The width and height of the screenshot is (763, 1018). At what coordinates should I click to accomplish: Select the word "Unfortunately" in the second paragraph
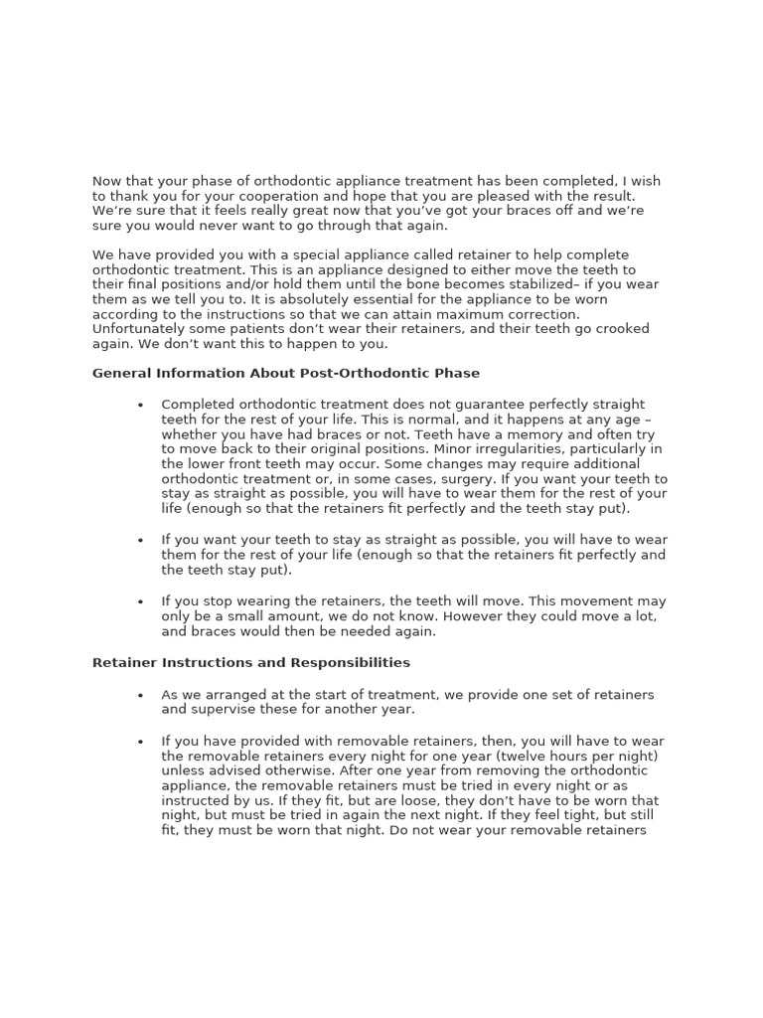(138, 329)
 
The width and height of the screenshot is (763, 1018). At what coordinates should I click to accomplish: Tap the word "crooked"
(622, 329)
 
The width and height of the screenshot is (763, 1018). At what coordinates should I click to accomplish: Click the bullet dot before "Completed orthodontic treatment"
(141, 406)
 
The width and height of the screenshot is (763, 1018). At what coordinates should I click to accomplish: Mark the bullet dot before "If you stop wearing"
(141, 602)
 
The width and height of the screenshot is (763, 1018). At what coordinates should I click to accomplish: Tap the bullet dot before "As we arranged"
(141, 696)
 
